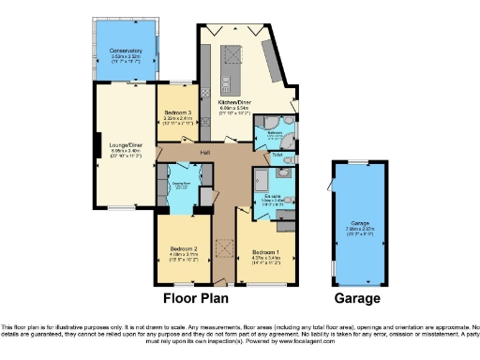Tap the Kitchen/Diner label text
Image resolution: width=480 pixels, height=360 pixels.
point(233,102)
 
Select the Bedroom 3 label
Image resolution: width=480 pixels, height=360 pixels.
point(176,113)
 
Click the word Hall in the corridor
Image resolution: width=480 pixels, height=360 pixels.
point(203,153)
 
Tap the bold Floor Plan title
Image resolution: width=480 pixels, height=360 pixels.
point(198,299)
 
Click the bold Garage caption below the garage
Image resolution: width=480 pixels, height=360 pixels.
point(357,299)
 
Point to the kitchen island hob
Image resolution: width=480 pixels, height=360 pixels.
point(227,58)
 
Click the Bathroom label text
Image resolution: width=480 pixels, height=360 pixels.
point(276,132)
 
